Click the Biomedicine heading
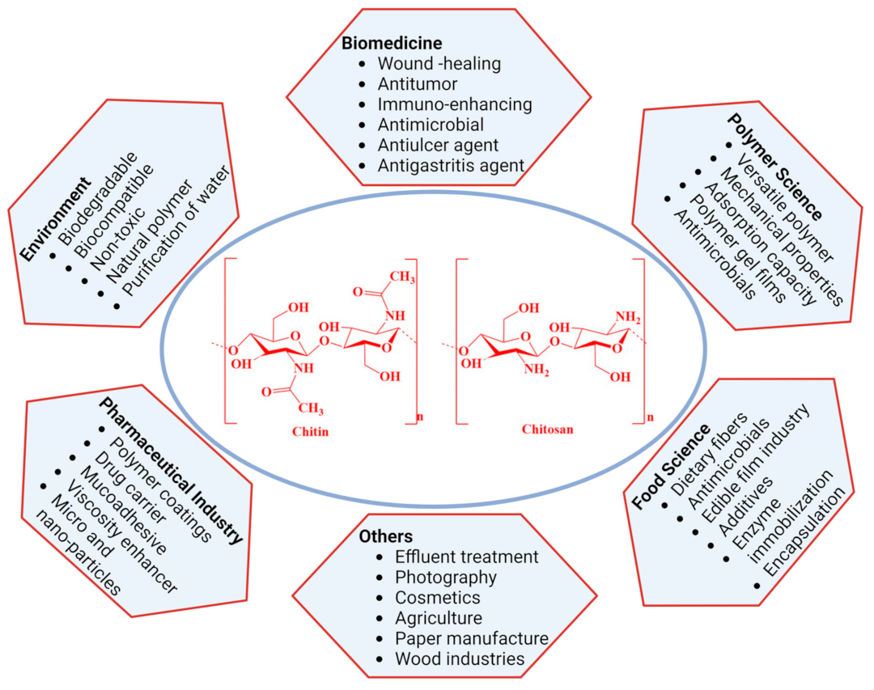[x=402, y=42]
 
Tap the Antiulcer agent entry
[x=438, y=146]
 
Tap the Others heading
[x=385, y=536]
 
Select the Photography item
[x=446, y=578]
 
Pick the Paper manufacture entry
[x=472, y=639]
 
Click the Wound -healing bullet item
[x=439, y=63]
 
